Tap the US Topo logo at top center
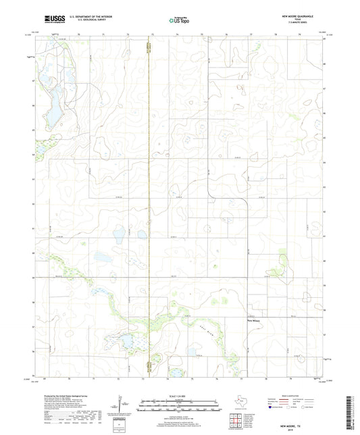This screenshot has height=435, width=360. pyautogui.click(x=179, y=20)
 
